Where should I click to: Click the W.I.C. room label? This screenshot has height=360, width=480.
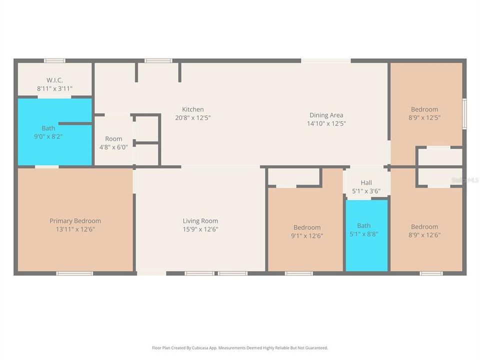click(55, 80)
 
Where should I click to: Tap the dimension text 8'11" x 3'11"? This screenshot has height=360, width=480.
click(55, 89)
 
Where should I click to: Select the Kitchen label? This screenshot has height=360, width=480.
click(193, 109)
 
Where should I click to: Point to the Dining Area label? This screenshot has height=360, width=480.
click(326, 115)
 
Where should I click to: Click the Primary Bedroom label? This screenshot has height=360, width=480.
click(75, 220)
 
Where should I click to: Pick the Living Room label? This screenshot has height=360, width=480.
click(200, 220)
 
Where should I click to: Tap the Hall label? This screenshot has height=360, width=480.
click(366, 183)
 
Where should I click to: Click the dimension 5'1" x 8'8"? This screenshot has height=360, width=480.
click(364, 234)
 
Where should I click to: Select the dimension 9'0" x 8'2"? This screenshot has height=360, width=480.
click(48, 136)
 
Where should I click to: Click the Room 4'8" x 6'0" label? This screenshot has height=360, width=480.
click(113, 143)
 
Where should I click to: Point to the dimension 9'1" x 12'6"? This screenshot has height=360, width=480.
click(307, 235)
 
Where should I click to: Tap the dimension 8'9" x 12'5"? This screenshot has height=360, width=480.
click(424, 117)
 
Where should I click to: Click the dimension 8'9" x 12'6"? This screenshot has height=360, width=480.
click(424, 235)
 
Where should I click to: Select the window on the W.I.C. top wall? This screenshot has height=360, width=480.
click(54, 60)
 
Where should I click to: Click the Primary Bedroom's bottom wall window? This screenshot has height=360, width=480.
click(74, 273)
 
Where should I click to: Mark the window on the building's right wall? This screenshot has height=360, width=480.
click(464, 113)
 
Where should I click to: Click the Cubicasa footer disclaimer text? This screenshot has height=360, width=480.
click(240, 348)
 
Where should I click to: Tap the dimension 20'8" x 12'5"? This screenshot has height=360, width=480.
click(193, 117)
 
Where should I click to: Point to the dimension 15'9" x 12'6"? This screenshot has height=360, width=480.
click(200, 229)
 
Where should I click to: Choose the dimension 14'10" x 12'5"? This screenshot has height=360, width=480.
click(326, 123)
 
